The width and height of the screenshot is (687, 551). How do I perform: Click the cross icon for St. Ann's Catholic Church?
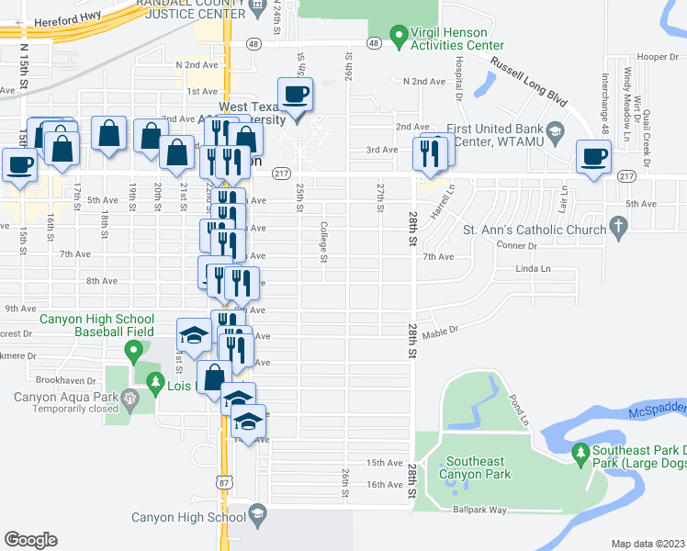point(618,226)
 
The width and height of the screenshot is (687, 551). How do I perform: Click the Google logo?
point(30,539)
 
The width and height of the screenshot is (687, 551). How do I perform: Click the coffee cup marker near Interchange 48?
point(593,156)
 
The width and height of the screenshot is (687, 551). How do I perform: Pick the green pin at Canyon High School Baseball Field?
point(133,349)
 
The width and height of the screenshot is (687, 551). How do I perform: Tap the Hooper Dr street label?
point(656,57)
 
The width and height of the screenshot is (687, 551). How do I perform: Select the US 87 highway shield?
point(224,481)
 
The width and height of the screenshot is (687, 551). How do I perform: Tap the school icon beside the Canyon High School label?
point(257,517)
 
